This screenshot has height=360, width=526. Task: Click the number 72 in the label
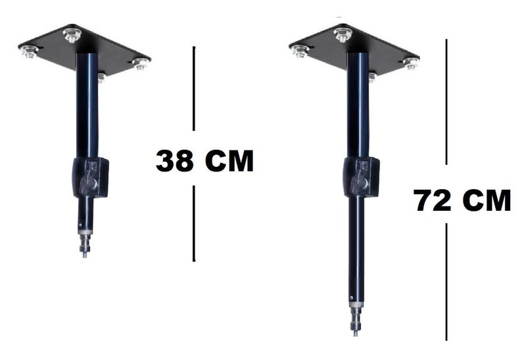[x=433, y=200]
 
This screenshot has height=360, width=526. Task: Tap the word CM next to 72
[x=487, y=200]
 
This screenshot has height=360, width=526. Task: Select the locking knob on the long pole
[x=360, y=177]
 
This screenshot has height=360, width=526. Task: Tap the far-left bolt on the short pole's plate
[x=29, y=51]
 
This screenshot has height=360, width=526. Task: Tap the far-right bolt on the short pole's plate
[x=140, y=64]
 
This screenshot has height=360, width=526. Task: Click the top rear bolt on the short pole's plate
[x=72, y=34]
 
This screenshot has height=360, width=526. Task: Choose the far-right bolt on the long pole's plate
[x=410, y=63]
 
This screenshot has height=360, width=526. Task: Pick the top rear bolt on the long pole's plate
[x=342, y=33]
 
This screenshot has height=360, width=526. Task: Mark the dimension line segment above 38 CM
[x=194, y=88]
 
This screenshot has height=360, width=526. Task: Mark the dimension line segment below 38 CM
[x=194, y=223]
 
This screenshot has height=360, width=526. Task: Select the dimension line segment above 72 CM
[x=446, y=101]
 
